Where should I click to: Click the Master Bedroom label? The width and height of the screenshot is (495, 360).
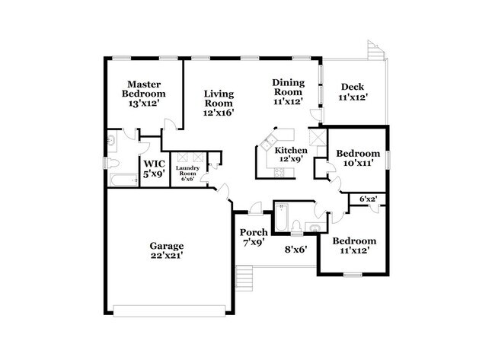pos(145,94)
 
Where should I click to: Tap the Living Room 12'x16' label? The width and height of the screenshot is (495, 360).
pos(218,103)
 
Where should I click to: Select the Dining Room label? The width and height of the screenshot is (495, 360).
pos(289,91)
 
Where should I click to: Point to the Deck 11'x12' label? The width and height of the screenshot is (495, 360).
pos(355,91)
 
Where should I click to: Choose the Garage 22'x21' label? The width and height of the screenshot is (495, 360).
pos(167,250)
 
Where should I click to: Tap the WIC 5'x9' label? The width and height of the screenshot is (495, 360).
pos(155,168)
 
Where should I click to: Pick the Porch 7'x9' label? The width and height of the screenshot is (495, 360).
pos(254,237)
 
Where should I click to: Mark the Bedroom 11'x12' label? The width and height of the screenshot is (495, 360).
pos(353,246)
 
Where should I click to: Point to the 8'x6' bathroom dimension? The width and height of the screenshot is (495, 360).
pos(295,249)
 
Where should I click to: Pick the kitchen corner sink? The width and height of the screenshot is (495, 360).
pos(270,141)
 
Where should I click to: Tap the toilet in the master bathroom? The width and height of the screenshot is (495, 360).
pos(112,164)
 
